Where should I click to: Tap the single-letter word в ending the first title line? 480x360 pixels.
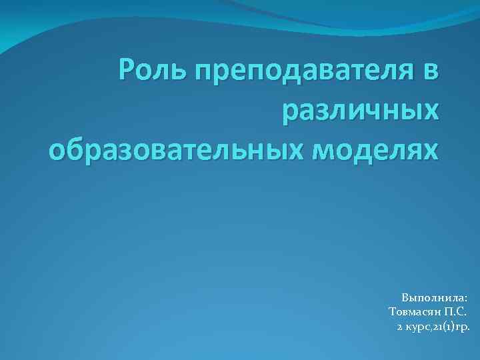click(431, 73)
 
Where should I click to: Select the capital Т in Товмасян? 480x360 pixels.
click(392, 311)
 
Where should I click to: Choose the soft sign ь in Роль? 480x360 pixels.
click(176, 73)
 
